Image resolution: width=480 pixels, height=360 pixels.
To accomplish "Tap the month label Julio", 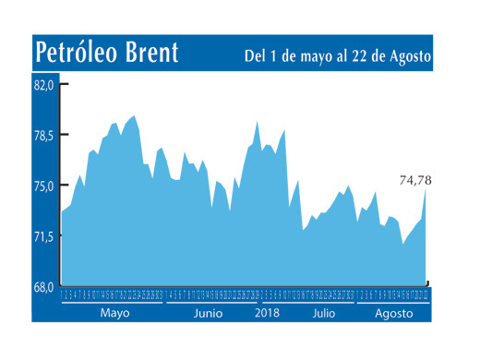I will pyautogui.click(x=323, y=313).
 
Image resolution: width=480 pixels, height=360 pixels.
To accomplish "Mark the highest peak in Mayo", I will pyautogui.click(x=135, y=116).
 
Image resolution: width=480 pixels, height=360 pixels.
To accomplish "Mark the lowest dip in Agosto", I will pyautogui.click(x=403, y=244).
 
